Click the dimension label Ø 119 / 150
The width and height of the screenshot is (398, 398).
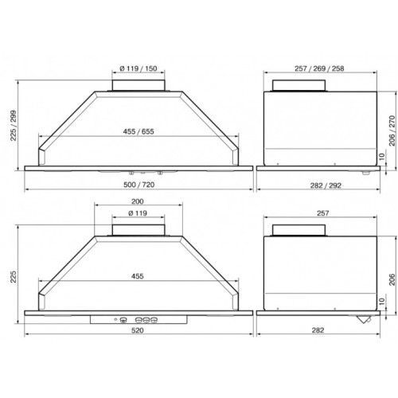click(x=139, y=68)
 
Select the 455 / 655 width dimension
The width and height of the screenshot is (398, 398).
click(x=139, y=131)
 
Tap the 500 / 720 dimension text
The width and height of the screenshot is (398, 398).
click(x=139, y=185)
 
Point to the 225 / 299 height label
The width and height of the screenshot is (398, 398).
click(x=14, y=126)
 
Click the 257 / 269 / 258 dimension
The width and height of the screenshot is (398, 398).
click(x=319, y=68)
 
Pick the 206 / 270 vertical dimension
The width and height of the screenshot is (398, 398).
click(x=392, y=131)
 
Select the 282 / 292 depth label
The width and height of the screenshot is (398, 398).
click(x=326, y=185)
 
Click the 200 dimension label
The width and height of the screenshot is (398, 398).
click(x=138, y=201)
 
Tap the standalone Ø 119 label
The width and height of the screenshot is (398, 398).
click(x=138, y=213)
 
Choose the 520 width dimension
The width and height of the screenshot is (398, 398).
click(x=138, y=330)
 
